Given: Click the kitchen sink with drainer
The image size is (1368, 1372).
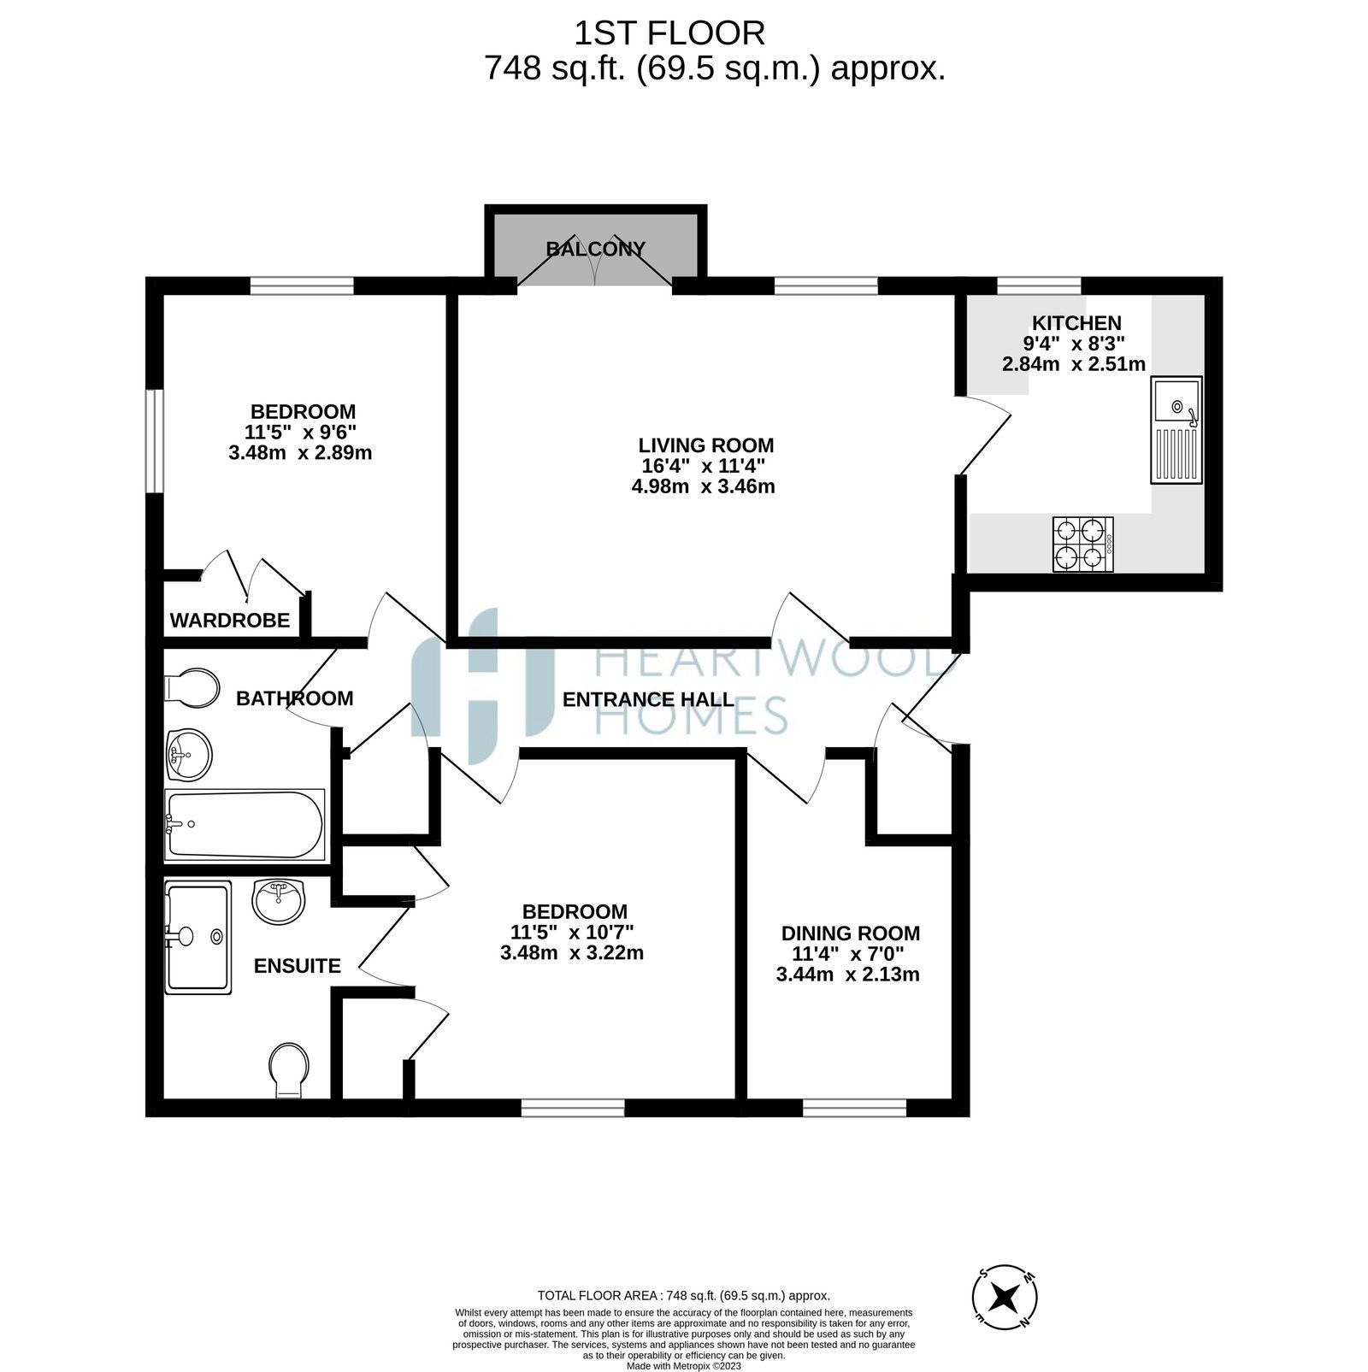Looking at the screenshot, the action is click(x=1176, y=430).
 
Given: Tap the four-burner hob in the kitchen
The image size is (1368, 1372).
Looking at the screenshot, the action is click(x=1082, y=545).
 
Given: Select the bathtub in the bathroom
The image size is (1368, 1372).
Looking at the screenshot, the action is click(x=245, y=825).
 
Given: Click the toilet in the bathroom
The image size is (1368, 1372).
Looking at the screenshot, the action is click(x=191, y=688).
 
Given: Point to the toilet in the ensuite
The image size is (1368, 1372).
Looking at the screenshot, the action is click(x=289, y=1070).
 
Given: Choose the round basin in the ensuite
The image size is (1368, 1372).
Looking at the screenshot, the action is click(x=279, y=902).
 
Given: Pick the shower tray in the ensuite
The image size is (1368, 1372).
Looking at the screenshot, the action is click(x=198, y=938).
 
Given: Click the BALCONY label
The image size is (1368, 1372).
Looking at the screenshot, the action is click(x=596, y=249).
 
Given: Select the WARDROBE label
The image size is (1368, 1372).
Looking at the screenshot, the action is click(x=230, y=621).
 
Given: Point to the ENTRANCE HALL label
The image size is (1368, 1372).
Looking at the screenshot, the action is click(x=648, y=699).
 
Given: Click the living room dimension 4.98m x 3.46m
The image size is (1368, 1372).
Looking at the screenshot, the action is click(x=703, y=487).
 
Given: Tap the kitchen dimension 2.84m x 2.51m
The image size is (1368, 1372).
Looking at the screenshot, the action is click(x=1074, y=364).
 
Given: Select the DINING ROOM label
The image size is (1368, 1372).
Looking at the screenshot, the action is click(x=851, y=933).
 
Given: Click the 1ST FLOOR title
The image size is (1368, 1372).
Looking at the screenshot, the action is click(x=669, y=33).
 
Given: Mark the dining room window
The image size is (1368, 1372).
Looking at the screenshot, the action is click(x=854, y=1109).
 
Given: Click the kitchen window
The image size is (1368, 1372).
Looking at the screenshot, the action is click(x=1039, y=286).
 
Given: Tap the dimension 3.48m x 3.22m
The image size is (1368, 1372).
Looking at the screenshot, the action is click(x=572, y=952).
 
